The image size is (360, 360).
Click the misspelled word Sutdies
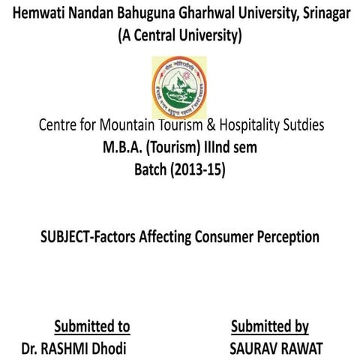[x=300, y=126]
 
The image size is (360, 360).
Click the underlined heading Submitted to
[x=91, y=326]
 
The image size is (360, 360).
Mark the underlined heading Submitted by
[x=270, y=326]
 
